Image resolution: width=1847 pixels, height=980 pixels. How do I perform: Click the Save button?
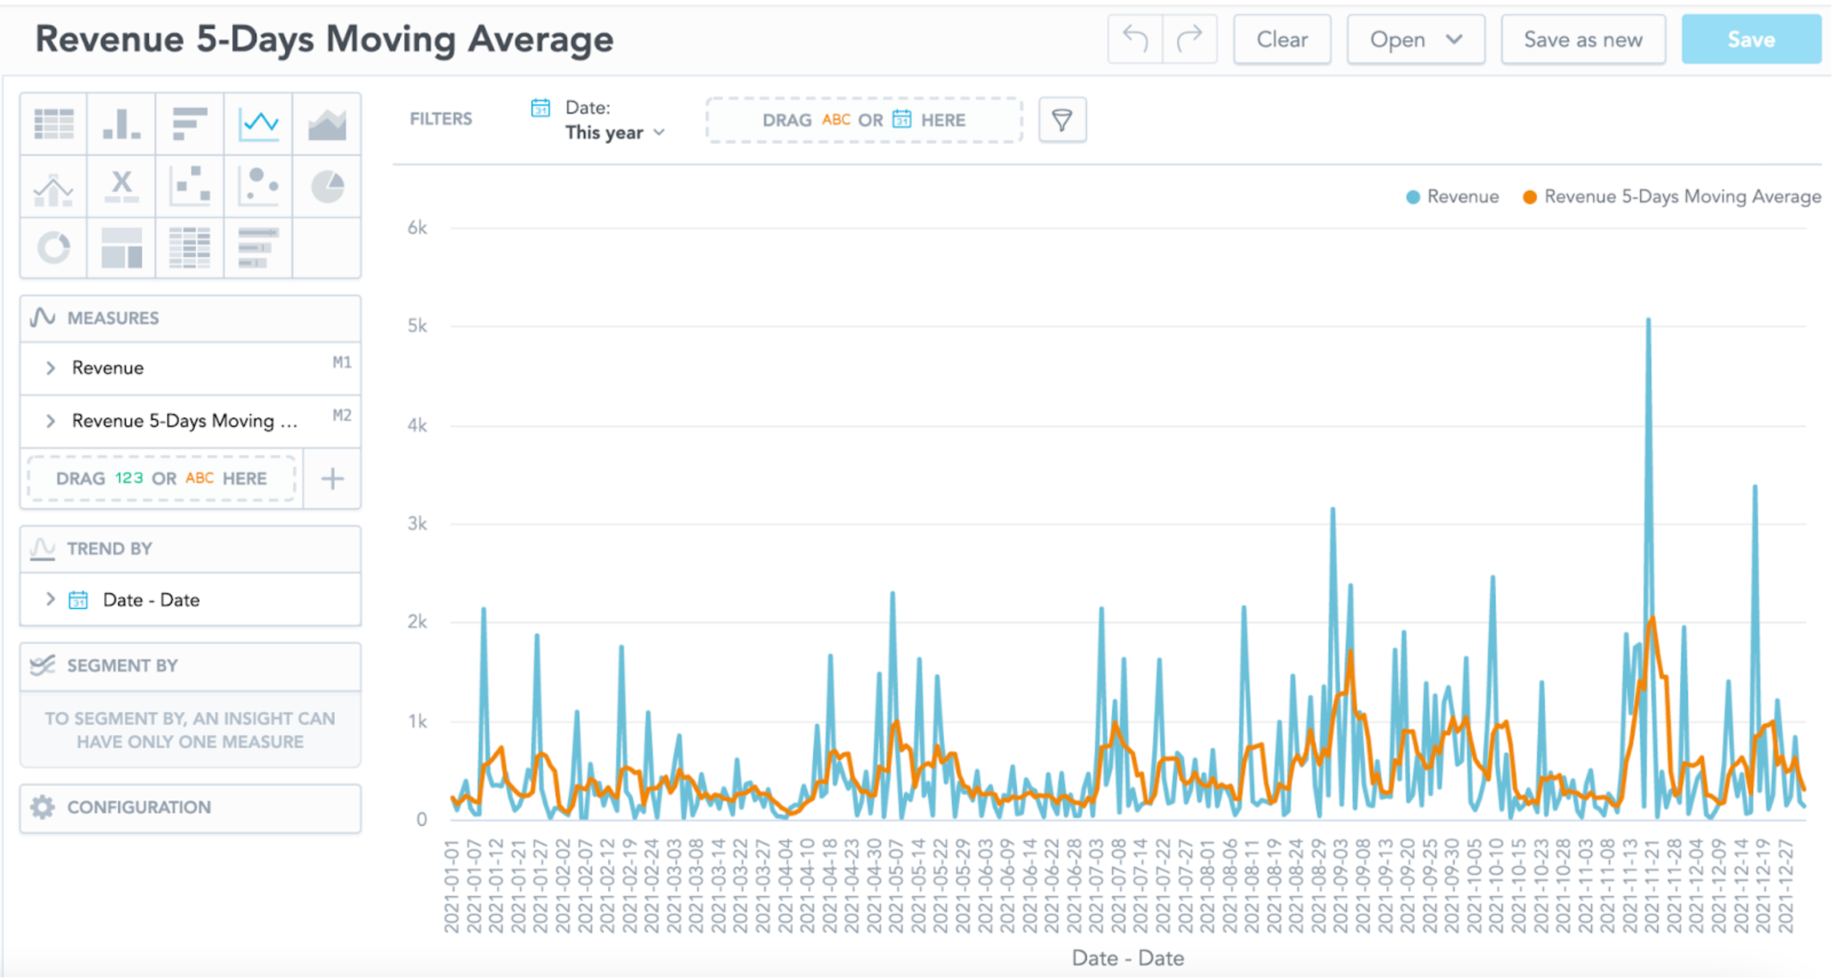click(x=1750, y=39)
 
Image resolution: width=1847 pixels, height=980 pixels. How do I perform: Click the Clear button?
click(x=1282, y=39)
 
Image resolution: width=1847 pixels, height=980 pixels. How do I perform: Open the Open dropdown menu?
click(x=1414, y=39)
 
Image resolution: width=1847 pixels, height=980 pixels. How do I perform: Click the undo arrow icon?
click(x=1135, y=39)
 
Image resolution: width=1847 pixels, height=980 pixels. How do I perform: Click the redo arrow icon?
click(x=1189, y=39)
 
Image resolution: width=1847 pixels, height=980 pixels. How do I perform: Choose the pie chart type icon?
click(x=327, y=187)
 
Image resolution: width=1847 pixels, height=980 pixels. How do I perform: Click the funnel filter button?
click(x=1062, y=120)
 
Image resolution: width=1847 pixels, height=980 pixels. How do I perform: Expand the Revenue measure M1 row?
click(x=50, y=368)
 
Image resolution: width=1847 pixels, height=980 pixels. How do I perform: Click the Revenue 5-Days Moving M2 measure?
click(x=185, y=421)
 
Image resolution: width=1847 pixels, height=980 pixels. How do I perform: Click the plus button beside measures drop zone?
click(x=332, y=478)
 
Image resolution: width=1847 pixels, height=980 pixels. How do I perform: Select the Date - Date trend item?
click(x=151, y=600)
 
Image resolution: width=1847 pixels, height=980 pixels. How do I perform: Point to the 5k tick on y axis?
click(x=417, y=326)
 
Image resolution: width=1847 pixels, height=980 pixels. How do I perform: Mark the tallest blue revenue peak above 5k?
click(x=1648, y=321)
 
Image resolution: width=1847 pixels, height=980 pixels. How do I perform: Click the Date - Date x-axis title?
click(x=1127, y=958)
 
